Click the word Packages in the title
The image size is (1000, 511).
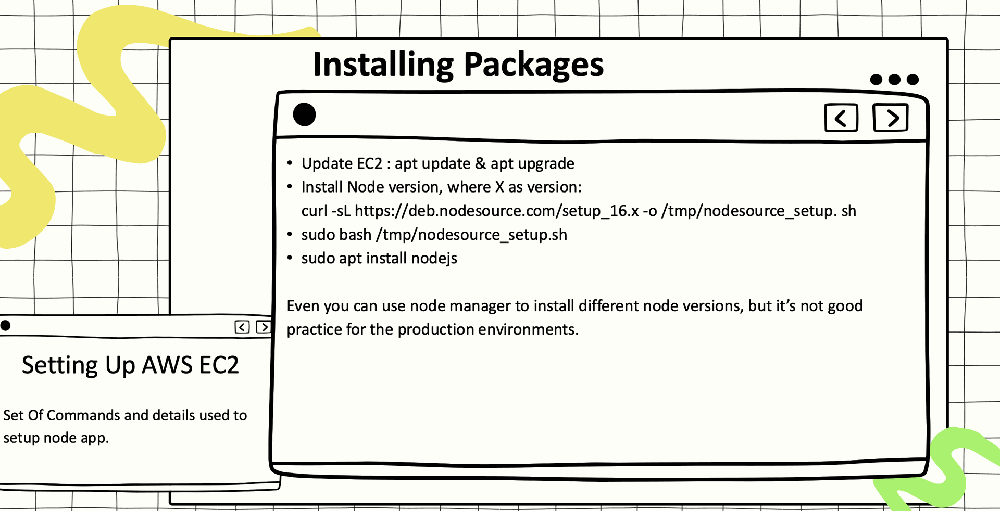[533, 66]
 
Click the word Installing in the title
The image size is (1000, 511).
[383, 66]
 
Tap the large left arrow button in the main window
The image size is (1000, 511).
[841, 118]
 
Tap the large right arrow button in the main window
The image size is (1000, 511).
[891, 118]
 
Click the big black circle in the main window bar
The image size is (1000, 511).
[304, 114]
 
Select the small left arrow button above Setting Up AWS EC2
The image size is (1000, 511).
[242, 327]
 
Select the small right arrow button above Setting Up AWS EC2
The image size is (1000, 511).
[264, 327]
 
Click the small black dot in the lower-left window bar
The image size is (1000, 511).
[6, 326]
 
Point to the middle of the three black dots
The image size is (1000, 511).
[894, 80]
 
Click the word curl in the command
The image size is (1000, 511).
[314, 211]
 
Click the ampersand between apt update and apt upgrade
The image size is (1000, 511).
[480, 163]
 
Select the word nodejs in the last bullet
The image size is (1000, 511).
[434, 259]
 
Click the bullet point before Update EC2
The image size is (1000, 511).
[290, 163]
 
